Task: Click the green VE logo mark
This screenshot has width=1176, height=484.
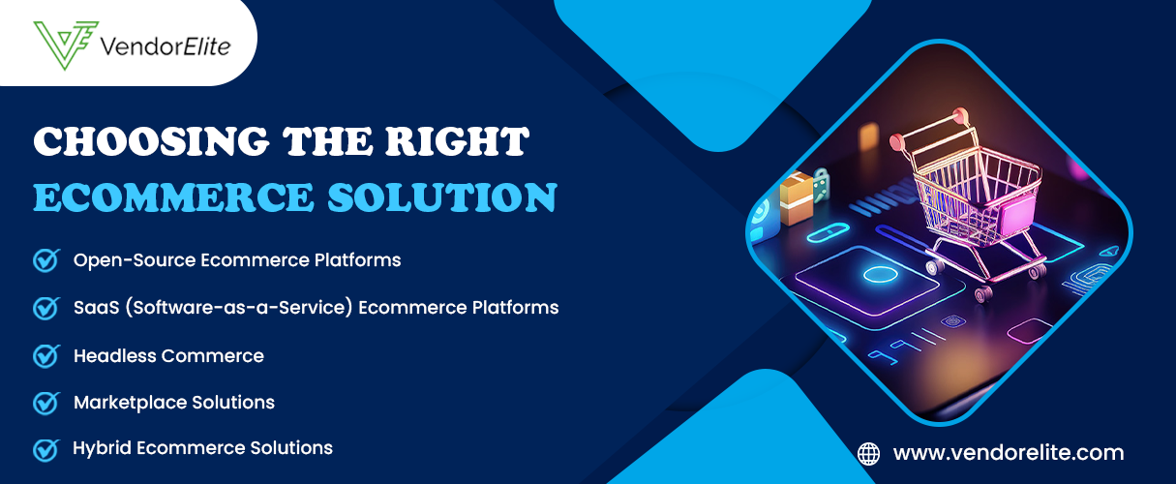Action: coord(66,45)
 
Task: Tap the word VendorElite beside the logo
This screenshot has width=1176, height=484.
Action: coord(166,46)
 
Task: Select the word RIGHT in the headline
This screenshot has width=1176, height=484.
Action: coord(457,141)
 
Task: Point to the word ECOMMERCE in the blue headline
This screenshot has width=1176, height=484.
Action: coord(174,197)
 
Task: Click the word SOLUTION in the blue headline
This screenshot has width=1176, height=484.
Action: coord(442,197)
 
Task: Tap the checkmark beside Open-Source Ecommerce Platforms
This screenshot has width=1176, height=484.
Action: coord(46,260)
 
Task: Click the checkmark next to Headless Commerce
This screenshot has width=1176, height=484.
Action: coord(46,356)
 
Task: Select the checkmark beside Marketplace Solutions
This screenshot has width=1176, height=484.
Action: coord(46,403)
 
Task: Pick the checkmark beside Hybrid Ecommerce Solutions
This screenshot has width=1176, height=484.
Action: coord(46,450)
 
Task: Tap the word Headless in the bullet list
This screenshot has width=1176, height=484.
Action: coord(115,356)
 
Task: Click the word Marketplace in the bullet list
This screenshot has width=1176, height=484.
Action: coord(131,403)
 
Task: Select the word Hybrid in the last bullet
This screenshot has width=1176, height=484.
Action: coord(102,449)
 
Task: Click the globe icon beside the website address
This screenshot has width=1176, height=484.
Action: coord(868,454)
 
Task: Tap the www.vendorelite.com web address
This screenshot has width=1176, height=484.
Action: coord(1009,452)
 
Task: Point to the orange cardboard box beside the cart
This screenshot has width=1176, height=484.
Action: coord(797,197)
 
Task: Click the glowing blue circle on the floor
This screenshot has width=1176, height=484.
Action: coord(880,274)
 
